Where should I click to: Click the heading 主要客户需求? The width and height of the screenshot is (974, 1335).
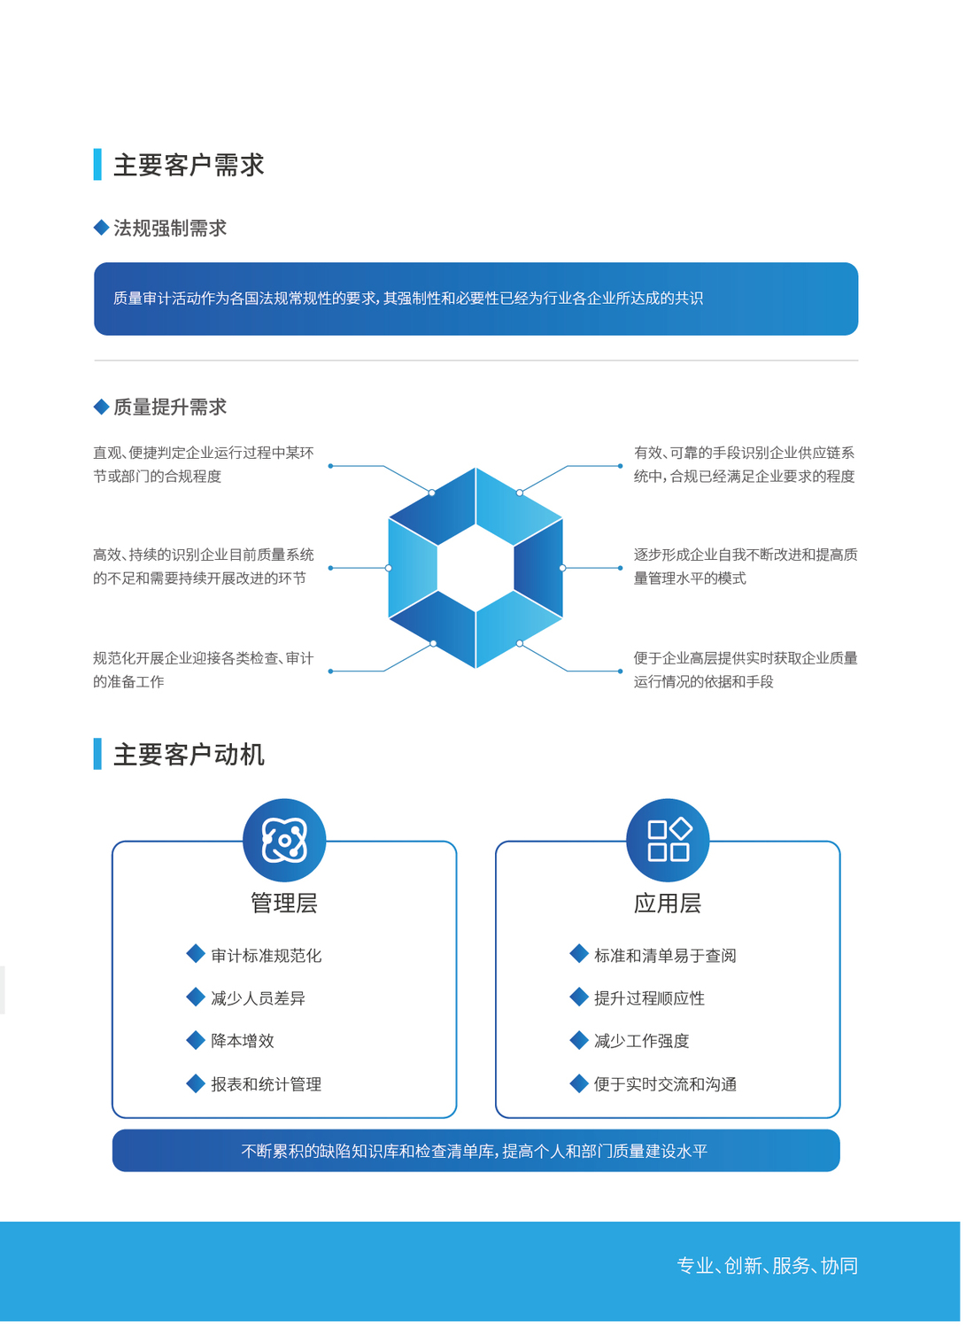click(189, 165)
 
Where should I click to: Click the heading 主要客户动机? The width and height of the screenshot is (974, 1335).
click(189, 755)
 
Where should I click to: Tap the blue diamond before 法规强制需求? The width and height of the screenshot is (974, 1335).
click(101, 227)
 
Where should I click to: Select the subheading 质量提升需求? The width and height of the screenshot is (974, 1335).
click(170, 407)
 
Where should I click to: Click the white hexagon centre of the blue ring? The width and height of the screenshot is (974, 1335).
click(475, 568)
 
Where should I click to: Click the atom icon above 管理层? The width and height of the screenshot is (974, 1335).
click(284, 841)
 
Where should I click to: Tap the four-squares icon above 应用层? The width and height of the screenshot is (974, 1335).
click(668, 841)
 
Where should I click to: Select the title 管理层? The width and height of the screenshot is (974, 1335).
click(284, 903)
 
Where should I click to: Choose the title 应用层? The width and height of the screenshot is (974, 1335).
click(668, 903)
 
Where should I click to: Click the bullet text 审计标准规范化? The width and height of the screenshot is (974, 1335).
click(267, 956)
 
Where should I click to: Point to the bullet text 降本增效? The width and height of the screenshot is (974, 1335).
click(243, 1041)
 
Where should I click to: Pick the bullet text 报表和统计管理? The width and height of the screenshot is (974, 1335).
click(267, 1084)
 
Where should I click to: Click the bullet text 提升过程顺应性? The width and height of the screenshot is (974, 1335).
click(649, 998)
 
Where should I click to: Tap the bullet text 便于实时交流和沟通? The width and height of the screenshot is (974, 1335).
click(665, 1084)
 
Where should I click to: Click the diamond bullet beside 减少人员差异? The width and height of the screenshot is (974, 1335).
click(196, 997)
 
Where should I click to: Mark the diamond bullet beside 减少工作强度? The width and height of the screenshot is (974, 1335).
click(579, 1040)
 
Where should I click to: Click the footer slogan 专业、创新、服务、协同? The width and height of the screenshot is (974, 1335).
click(768, 1265)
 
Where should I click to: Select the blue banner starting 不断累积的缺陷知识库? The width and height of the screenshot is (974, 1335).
click(476, 1150)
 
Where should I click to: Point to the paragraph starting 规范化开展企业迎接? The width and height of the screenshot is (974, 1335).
click(203, 670)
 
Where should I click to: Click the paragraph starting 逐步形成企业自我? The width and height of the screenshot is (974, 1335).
click(746, 567)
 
